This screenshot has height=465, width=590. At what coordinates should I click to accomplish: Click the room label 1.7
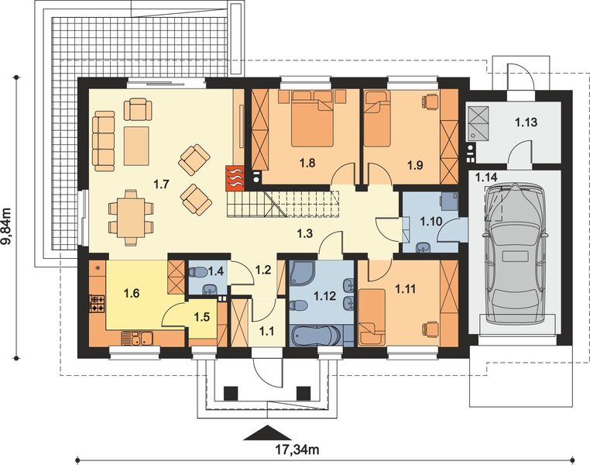161,184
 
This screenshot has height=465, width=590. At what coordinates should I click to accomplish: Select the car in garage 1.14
515,253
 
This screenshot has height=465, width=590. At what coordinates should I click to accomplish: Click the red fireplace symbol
235,177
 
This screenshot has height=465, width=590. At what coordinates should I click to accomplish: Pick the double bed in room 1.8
312,118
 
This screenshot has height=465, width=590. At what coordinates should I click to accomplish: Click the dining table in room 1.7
131,218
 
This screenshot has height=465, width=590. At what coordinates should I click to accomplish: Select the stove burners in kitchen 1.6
98,304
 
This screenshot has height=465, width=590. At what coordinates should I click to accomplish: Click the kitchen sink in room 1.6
136,338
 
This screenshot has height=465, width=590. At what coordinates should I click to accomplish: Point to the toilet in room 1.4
197,271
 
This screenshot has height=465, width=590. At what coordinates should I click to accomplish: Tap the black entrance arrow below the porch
267,432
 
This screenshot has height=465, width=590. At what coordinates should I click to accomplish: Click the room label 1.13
526,122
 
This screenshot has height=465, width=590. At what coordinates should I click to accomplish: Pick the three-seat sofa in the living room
104,141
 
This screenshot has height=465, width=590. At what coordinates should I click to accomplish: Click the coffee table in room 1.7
136,146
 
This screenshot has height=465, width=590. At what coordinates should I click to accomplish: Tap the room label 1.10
430,222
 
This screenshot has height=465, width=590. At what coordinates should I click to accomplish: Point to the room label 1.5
201,318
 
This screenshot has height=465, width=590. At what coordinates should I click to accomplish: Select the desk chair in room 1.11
431,328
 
